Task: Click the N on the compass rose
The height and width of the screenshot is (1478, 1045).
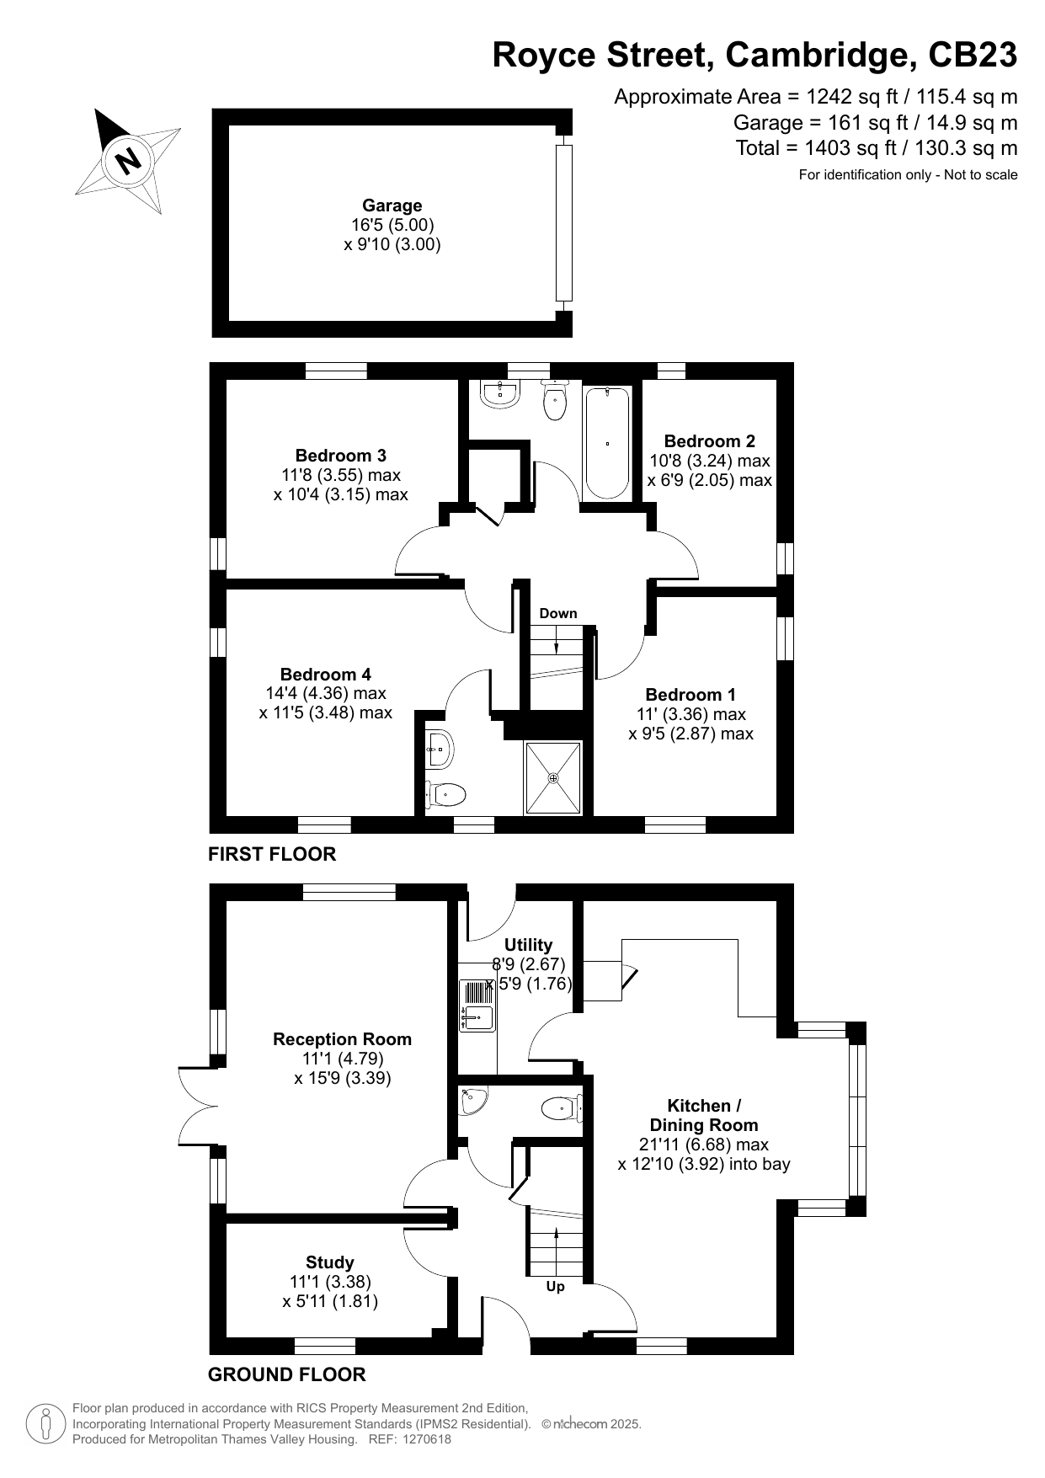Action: [128, 159]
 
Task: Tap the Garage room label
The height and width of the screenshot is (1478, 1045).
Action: [392, 205]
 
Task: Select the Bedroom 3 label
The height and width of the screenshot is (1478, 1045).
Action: [340, 456]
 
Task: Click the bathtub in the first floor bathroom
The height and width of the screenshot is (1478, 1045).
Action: [607, 442]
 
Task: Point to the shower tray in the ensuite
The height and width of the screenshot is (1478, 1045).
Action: [553, 778]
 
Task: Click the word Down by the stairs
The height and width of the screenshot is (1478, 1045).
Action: [558, 613]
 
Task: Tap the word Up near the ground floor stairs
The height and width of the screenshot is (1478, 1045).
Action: [555, 1287]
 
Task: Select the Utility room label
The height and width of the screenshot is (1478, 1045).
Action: [528, 945]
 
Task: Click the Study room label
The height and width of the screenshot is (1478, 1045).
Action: [330, 1262]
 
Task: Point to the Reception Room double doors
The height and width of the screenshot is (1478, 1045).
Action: [199, 1105]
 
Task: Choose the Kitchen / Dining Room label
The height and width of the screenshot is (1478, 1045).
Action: [704, 1115]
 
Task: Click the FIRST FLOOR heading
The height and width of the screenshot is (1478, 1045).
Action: [272, 854]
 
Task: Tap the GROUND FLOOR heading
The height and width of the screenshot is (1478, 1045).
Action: [287, 1375]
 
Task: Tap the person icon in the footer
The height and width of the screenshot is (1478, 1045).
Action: [45, 1424]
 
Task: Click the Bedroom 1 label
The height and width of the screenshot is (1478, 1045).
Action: [690, 695]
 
